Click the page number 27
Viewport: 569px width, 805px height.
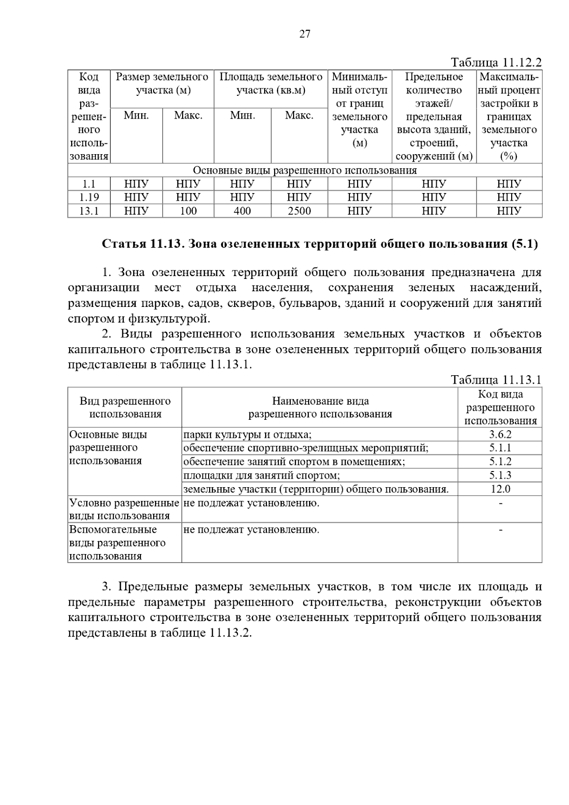click(304, 34)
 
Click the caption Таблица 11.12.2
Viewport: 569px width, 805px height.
click(496, 63)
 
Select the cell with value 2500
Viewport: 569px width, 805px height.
click(299, 211)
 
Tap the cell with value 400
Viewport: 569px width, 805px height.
click(242, 211)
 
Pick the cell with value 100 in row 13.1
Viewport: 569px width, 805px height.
click(188, 211)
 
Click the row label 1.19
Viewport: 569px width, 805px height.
click(89, 197)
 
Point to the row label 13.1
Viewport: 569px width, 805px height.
click(89, 211)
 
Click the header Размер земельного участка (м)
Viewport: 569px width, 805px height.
click(162, 83)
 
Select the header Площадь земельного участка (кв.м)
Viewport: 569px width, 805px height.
click(271, 83)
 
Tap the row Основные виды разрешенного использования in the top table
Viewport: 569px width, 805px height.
click(304, 170)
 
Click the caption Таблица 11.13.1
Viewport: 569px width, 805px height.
click(496, 380)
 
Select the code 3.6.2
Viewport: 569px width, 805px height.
click(500, 435)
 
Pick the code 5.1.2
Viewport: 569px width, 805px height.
click(500, 462)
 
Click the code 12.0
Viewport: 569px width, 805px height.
click(500, 489)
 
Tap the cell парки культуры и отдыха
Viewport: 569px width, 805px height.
click(247, 435)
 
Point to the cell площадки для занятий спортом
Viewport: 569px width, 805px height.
click(262, 475)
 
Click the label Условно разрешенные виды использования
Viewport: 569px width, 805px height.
click(124, 509)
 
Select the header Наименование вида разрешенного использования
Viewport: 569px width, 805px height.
click(320, 407)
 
